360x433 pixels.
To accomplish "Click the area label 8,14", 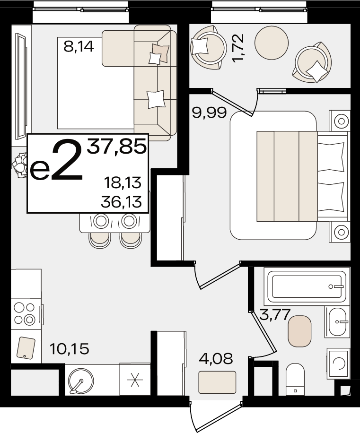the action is pos(79,46).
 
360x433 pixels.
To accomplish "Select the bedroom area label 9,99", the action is pos(210,113).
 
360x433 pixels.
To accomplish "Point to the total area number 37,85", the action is pos(116,147).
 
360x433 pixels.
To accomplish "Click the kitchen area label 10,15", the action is pos(70,349).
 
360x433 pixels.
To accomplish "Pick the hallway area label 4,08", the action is pos(216,359).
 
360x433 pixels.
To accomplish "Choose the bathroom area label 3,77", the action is pos(275,314).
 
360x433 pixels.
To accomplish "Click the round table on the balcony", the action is pos(272,43).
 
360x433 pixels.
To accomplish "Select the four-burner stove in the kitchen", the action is pos(25,313).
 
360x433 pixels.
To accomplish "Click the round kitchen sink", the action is pos(81,381).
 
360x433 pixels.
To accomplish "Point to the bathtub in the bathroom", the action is pos(307,286).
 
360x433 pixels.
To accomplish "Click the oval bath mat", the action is pos(300,331).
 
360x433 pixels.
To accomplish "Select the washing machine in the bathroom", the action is pos(338,364).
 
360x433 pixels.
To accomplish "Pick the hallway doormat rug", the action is pos(218,382).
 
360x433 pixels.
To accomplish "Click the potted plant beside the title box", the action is pos(19,165).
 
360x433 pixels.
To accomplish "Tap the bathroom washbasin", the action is pos(337,322).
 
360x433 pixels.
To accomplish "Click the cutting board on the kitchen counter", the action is pos(26,348).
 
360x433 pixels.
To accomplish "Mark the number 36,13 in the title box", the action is pos(122,202).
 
